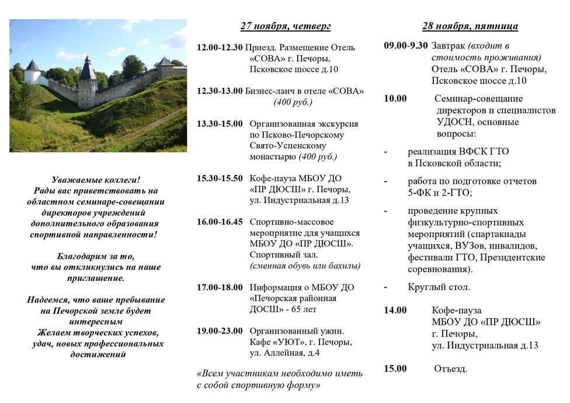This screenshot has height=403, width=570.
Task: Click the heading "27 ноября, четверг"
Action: (x=286, y=26)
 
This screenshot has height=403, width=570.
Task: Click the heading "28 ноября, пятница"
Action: (x=470, y=26)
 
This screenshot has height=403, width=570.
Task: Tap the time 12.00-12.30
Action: (x=220, y=47)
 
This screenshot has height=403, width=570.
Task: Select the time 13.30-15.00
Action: (x=220, y=124)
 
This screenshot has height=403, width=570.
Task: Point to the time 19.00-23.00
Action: (x=220, y=331)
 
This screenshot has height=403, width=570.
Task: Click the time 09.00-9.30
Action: (x=406, y=46)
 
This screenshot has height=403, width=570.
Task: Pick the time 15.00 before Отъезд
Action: (x=395, y=369)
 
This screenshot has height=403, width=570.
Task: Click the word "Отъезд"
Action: (x=451, y=369)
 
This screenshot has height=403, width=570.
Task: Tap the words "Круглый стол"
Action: (x=439, y=287)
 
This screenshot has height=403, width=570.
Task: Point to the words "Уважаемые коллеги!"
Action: (x=96, y=180)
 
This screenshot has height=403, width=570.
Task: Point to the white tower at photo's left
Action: (x=33, y=73)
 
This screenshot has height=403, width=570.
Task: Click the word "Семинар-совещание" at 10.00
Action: (x=479, y=98)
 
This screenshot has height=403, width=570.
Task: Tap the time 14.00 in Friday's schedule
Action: (x=395, y=310)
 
